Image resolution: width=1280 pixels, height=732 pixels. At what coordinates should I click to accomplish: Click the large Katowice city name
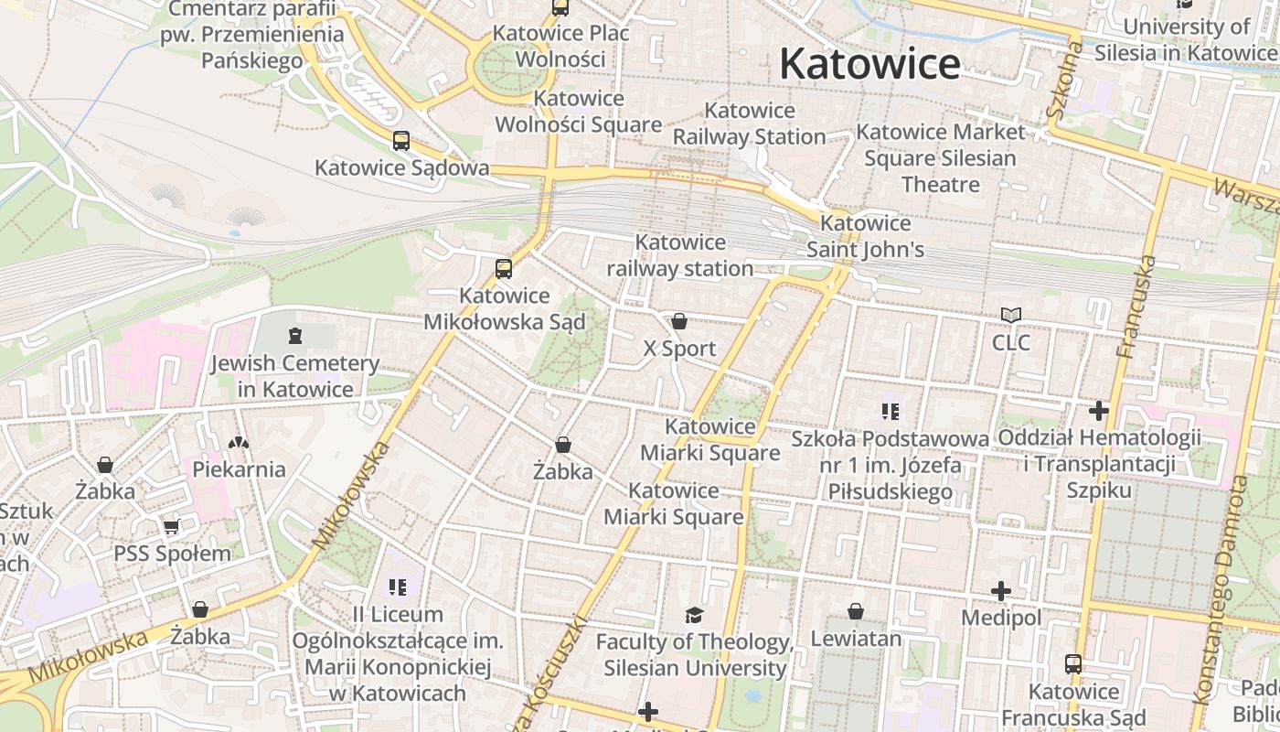coord(869,65)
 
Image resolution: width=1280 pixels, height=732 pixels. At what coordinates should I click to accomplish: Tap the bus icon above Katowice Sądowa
coord(401,141)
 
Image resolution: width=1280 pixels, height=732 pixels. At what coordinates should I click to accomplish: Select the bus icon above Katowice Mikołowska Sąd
coord(503,268)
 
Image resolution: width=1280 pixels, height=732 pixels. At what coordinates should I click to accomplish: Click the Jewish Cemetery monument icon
coord(294,337)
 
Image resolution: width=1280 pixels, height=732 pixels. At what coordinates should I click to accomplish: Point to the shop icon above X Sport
coord(679,321)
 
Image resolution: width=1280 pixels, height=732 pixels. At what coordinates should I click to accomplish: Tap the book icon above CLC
coord(1010,316)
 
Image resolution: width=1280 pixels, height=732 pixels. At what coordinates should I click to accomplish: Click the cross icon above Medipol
coord(1001,591)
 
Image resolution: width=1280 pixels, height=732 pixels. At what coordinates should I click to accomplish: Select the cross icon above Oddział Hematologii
coord(1099,411)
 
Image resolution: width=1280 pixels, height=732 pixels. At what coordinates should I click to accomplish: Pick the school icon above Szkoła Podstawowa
coord(891,412)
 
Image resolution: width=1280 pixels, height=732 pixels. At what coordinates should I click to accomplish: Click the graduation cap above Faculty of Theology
coord(695,615)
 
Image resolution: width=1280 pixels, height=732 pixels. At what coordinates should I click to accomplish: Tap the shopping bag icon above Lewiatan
coord(856,611)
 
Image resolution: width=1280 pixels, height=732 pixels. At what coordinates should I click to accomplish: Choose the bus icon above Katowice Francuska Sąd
coord(1073,664)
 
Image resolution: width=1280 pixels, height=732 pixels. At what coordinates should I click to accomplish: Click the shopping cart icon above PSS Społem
coord(172,527)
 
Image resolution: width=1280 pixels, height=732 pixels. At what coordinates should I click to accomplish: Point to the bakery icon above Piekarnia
coord(239,443)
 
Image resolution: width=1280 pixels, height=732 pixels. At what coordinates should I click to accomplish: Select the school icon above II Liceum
coord(398,587)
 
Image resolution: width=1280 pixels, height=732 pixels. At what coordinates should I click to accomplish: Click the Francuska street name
coord(1136,307)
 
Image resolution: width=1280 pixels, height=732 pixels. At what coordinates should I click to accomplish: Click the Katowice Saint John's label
coord(865,236)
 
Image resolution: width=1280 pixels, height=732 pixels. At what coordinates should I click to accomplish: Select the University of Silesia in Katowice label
coord(1187,39)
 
